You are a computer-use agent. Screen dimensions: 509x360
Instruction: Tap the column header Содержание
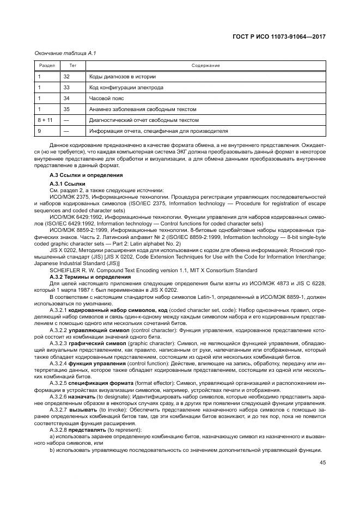[205, 66]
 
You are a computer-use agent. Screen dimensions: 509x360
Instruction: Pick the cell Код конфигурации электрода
[126, 88]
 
